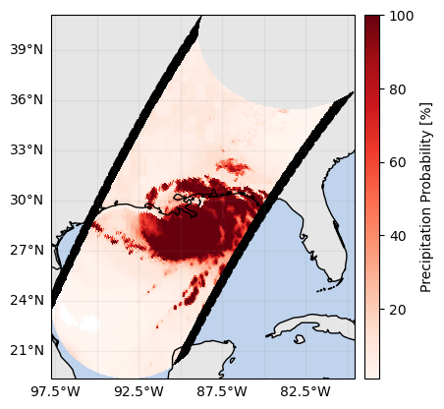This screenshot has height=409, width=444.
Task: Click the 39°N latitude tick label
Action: click(27, 50)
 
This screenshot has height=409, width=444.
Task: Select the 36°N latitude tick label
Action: click(27, 100)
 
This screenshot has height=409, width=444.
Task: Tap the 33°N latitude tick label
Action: click(27, 150)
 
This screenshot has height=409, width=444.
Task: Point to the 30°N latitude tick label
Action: click(27, 200)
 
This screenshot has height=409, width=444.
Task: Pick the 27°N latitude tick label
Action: click(27, 251)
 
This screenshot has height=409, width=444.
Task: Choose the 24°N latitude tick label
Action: click(27, 301)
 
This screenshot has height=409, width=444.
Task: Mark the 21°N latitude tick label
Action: click(27, 351)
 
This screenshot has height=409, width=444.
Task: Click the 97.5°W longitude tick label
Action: click(55, 391)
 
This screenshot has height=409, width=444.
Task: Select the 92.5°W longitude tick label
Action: click(139, 391)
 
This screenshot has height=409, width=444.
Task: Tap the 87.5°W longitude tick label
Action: click(222, 391)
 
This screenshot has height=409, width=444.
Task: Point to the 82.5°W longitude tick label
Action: click(305, 391)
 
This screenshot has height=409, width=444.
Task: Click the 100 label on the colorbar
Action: click(402, 16)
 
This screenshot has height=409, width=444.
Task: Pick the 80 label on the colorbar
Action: click(398, 89)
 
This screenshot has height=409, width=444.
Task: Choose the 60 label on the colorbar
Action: click(398, 163)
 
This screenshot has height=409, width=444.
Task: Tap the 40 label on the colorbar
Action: click(398, 236)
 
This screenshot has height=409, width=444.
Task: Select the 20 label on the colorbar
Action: click(398, 310)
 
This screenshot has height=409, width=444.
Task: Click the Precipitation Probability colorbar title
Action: click(426, 198)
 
